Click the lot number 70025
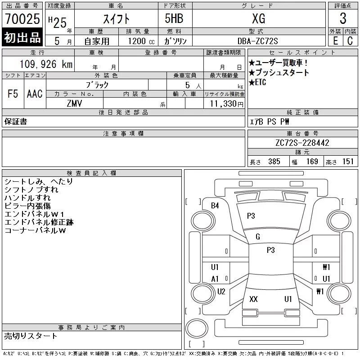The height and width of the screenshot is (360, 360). coord(22,18)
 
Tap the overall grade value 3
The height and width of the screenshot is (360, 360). coord(343,18)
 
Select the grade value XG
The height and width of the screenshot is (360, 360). coord(258,18)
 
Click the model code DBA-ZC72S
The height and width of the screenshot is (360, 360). coord(258,40)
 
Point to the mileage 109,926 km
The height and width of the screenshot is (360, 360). coord(46,64)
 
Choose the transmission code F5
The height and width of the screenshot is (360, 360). coord(13,94)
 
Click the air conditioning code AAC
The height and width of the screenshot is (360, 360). coord(34,94)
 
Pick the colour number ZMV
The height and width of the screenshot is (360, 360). coord(74,103)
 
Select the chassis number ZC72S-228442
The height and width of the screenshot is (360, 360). coord(302,143)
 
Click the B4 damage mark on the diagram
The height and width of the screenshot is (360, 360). coord(215,206)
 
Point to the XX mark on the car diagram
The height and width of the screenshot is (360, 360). coord(253,299)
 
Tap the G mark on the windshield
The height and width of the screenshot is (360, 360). coord(258,237)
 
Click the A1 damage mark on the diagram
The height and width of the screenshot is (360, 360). coord(215,279)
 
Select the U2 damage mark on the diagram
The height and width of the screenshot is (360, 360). coord(221,292)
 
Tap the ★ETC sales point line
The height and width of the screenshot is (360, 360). coord(258,82)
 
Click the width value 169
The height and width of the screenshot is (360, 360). coord(312,162)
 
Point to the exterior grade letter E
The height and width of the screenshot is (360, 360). coord(335,40)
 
